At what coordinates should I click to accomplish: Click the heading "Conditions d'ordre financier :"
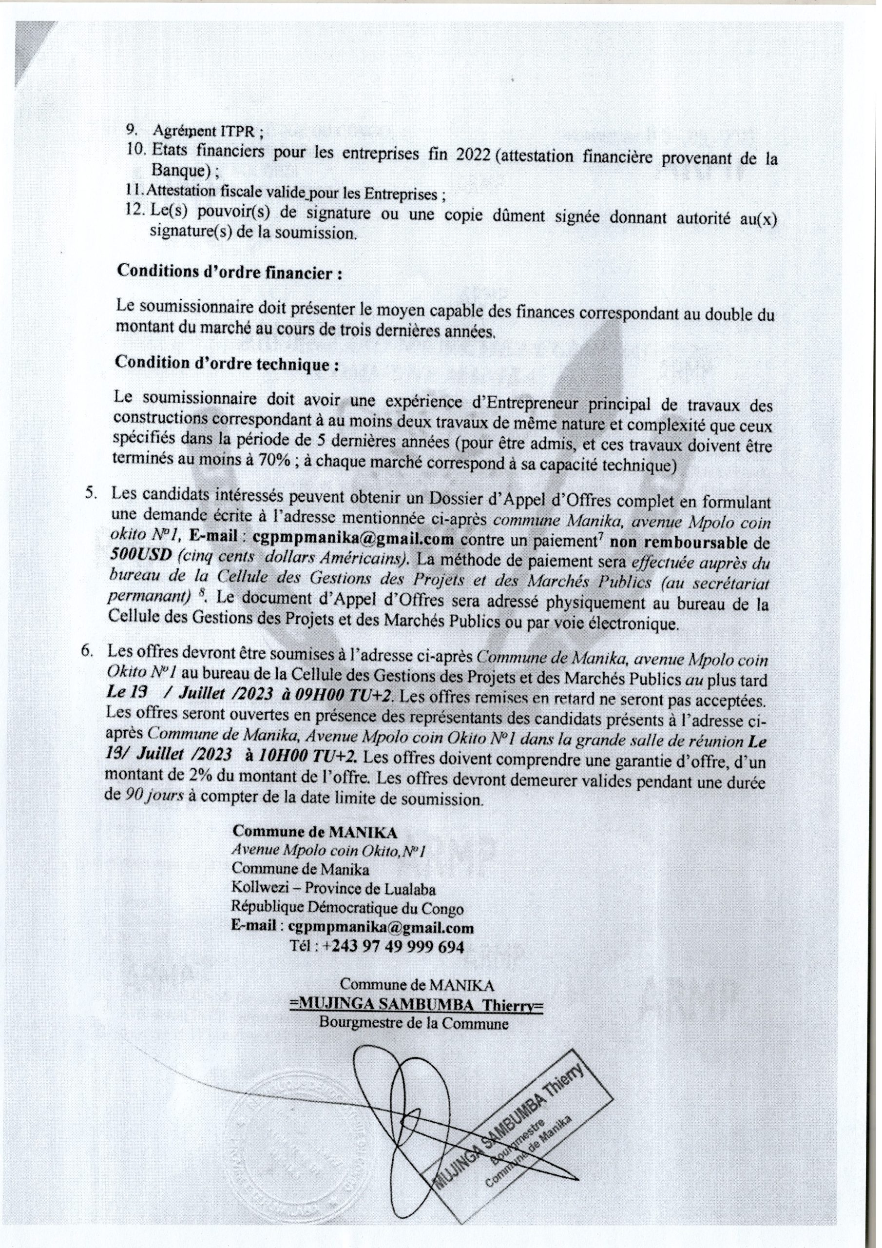tap(230, 273)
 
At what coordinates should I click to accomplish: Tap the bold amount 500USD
tap(132, 558)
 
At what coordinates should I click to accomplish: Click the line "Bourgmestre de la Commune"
tap(414, 1024)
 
